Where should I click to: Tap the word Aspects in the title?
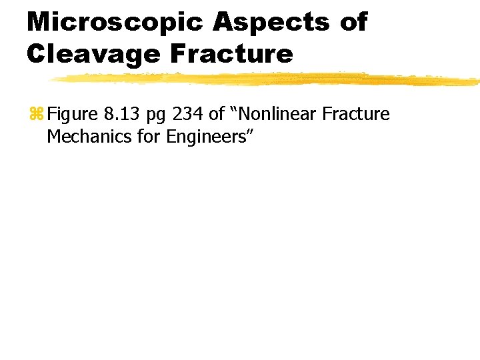271,23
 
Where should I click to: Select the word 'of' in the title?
353,23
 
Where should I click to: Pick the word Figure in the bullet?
73,115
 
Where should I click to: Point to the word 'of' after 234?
217,115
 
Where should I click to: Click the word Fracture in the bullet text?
356,115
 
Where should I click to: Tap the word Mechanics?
85,137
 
